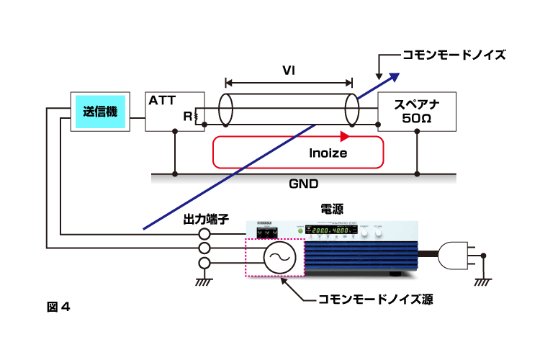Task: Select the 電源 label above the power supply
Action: [x=331, y=209]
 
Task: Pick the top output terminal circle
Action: [x=204, y=234]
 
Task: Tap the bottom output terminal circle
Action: [x=204, y=264]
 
